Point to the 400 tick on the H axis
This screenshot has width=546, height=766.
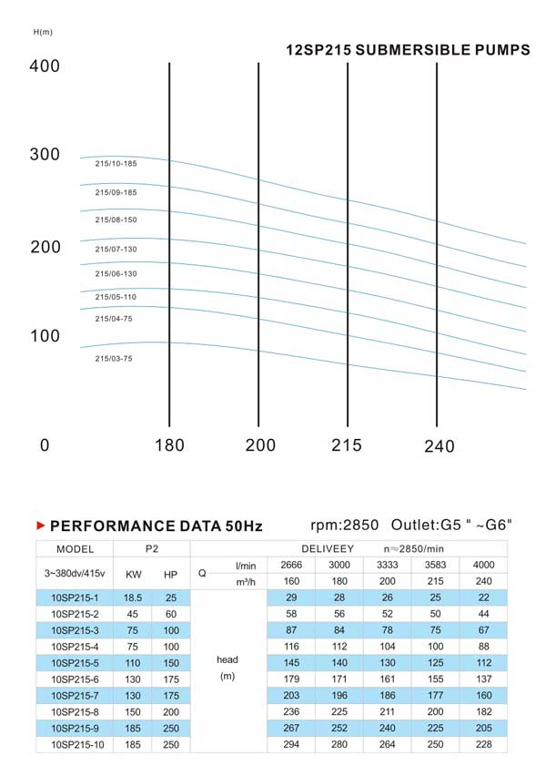pos(45,66)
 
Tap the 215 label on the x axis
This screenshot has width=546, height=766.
pos(347,445)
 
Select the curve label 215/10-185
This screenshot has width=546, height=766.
pos(116,163)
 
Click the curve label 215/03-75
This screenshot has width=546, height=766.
pos(114,359)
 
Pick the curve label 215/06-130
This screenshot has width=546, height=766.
pos(116,273)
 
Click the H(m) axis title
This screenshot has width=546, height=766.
pos(43,33)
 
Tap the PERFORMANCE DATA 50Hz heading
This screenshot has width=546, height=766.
pos(156,526)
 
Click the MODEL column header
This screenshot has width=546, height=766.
pos(75,548)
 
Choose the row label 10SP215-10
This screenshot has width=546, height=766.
pos(75,744)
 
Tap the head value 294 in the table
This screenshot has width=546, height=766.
pos(291,744)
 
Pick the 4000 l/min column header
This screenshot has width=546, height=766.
pos(484,565)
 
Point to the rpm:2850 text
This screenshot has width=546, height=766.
pos(343,526)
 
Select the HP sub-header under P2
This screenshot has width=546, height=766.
pos(171,574)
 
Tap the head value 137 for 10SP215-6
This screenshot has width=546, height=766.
pos(484,679)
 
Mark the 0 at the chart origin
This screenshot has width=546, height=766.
pos(45,445)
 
